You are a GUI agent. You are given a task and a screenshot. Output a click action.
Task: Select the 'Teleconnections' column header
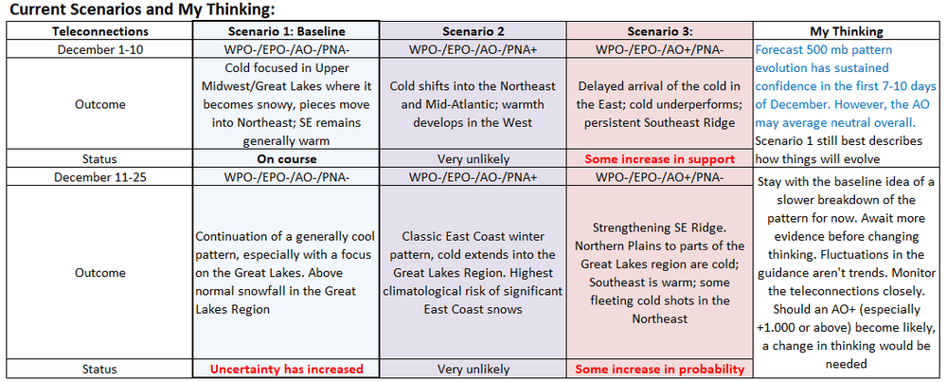[99, 31]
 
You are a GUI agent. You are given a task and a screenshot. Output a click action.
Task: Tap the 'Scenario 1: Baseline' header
[286, 31]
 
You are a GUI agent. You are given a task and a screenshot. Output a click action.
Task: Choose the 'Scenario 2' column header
[473, 31]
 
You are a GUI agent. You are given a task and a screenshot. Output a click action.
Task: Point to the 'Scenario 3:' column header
[659, 31]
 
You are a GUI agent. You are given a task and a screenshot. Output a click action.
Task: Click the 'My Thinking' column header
[846, 31]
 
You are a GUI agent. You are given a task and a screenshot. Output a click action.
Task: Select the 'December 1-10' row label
[100, 49]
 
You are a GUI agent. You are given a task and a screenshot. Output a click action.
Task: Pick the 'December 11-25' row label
[100, 177]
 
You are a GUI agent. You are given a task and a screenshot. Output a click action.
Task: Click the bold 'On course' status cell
[286, 159]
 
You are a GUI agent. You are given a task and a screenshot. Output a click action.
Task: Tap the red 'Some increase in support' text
[659, 159]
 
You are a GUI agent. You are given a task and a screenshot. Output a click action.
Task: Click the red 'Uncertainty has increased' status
[286, 369]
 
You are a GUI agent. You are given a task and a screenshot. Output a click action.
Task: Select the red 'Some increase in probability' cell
[659, 369]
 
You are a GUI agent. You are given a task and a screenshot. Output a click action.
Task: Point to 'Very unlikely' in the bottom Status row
[473, 369]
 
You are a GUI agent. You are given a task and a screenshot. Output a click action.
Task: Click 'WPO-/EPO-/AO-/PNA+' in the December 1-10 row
[473, 49]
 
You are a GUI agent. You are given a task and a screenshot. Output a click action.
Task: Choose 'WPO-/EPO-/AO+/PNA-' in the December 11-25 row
[659, 177]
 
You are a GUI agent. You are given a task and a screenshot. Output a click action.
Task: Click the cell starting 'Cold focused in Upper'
[286, 104]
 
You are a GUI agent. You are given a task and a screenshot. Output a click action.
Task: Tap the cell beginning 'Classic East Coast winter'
[473, 273]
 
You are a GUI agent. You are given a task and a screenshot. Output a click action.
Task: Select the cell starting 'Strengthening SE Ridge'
[659, 273]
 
